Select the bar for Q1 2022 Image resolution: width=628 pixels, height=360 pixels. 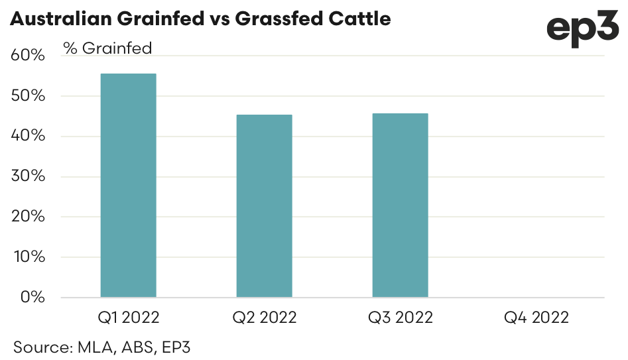[x=128, y=185]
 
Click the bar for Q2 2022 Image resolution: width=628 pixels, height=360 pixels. [x=264, y=206]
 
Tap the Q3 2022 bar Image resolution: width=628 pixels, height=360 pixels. [x=400, y=205]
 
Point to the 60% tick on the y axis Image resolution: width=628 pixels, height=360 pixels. [x=28, y=56]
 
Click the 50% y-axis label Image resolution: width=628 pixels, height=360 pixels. [x=28, y=96]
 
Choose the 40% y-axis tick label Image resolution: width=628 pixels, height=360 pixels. [x=28, y=137]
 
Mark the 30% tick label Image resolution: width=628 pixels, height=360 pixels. [x=28, y=176]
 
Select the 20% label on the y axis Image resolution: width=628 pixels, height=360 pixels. [x=28, y=217]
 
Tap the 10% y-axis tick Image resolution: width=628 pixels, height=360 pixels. [x=28, y=257]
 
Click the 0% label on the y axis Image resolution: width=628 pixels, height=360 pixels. [x=32, y=297]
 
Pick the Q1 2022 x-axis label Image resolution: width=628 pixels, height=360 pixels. [x=128, y=318]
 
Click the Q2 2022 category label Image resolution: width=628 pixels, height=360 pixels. [x=264, y=318]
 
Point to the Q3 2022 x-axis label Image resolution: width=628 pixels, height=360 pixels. [x=400, y=318]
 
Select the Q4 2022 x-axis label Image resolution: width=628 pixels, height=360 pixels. [x=536, y=318]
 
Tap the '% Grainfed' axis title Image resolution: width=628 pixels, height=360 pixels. [x=107, y=48]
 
